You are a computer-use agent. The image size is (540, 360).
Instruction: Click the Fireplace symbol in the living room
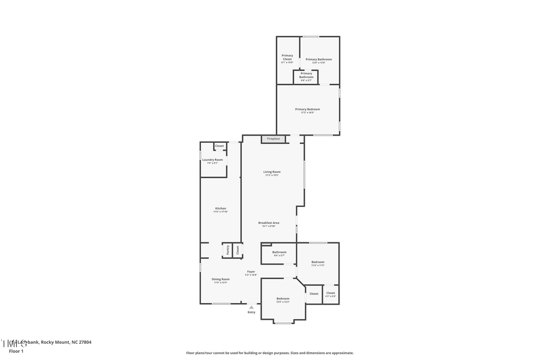click(x=273, y=139)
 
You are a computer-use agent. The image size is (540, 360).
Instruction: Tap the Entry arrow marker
click(x=251, y=307)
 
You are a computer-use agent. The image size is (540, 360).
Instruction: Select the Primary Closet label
click(x=287, y=58)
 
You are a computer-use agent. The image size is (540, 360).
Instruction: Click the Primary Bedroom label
click(x=307, y=110)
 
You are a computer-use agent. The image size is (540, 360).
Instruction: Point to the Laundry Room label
click(x=212, y=161)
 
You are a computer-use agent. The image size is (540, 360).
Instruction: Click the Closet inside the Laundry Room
click(x=220, y=146)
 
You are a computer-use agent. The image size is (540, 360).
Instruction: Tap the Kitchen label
click(x=221, y=209)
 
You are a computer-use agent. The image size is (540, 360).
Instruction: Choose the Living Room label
click(x=272, y=173)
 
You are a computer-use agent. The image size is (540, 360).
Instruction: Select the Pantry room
click(x=228, y=250)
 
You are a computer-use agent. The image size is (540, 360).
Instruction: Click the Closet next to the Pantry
click(x=237, y=250)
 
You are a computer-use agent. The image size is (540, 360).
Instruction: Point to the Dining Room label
click(x=220, y=280)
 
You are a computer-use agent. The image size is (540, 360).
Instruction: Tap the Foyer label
click(x=251, y=273)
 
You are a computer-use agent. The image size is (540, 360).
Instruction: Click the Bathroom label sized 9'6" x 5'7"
click(x=279, y=253)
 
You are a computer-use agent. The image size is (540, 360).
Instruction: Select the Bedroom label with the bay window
click(x=283, y=299)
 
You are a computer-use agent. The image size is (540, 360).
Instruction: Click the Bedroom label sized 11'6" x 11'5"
click(x=317, y=263)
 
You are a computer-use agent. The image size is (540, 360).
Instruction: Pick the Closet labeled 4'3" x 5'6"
click(x=331, y=294)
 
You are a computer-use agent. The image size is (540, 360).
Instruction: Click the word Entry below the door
click(x=251, y=312)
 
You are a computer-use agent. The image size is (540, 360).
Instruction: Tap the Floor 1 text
click(x=16, y=350)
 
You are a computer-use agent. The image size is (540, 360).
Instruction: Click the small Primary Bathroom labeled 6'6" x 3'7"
click(x=306, y=76)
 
